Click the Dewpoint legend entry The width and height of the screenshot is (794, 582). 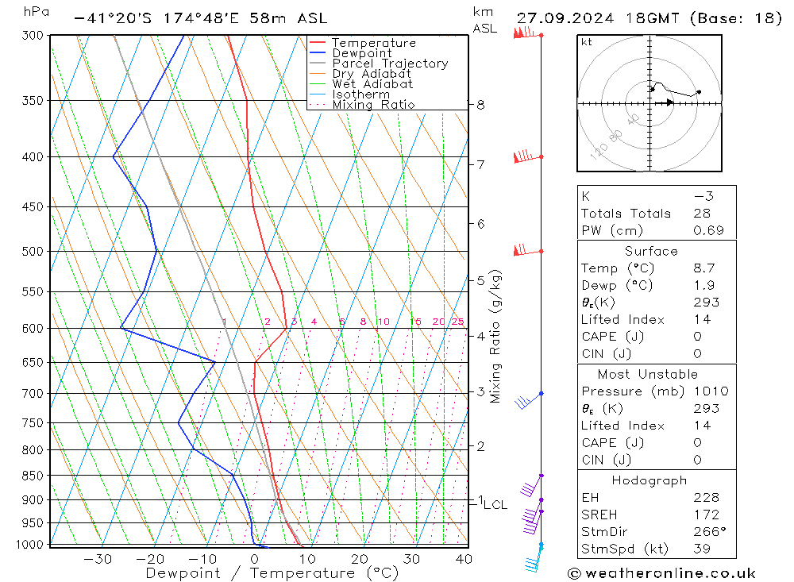[x=362, y=53]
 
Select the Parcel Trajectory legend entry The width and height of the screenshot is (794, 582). [x=390, y=64]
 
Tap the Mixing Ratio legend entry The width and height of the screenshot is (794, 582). [x=373, y=105]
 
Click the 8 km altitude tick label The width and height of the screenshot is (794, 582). [x=481, y=105]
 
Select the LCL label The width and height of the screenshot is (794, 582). [x=495, y=504]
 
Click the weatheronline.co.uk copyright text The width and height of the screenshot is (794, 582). [x=661, y=573]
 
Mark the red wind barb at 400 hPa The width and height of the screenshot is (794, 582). [x=525, y=157]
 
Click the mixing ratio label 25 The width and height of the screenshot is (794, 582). [x=457, y=322]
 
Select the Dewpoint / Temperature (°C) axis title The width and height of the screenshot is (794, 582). [x=272, y=573]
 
